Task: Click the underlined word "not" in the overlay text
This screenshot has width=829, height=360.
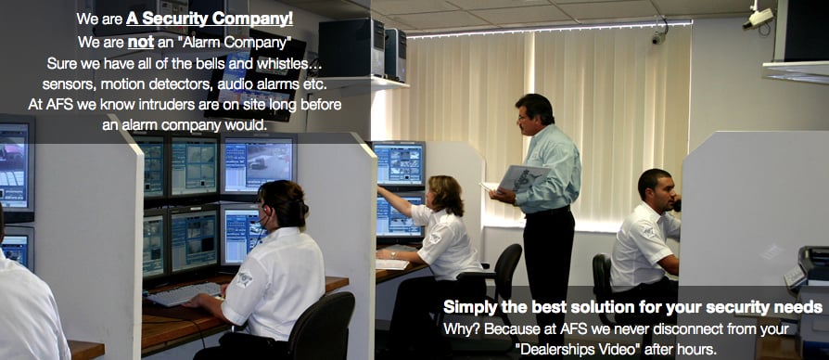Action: click(x=141, y=42)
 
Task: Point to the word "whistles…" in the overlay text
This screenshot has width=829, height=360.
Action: click(x=293, y=64)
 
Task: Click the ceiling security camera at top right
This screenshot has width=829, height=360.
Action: click(x=759, y=18)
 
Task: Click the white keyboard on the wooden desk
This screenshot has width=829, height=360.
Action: click(x=185, y=293)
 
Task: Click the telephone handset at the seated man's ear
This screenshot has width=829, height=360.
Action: click(x=676, y=205)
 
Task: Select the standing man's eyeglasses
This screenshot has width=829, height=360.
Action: click(x=523, y=117)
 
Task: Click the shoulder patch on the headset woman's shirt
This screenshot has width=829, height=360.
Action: click(x=244, y=278)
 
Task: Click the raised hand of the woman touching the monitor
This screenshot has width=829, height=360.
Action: click(x=382, y=191)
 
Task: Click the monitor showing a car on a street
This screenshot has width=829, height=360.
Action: click(x=258, y=165)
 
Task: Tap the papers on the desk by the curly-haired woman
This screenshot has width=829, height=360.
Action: click(x=392, y=264)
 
